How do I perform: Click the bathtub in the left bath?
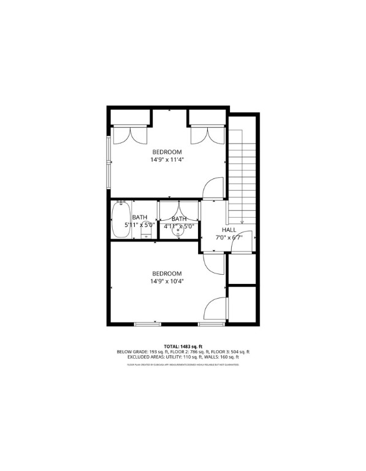(121, 218)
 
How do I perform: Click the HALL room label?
(229, 229)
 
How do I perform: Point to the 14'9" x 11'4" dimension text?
(167, 159)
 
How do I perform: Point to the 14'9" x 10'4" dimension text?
(167, 281)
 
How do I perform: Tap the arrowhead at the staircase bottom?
(243, 222)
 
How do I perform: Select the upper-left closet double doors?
(129, 134)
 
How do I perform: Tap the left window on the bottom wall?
(148, 323)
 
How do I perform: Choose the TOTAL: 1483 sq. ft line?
(183, 347)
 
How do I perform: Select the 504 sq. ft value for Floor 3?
(238, 351)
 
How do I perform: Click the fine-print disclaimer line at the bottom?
(183, 364)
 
